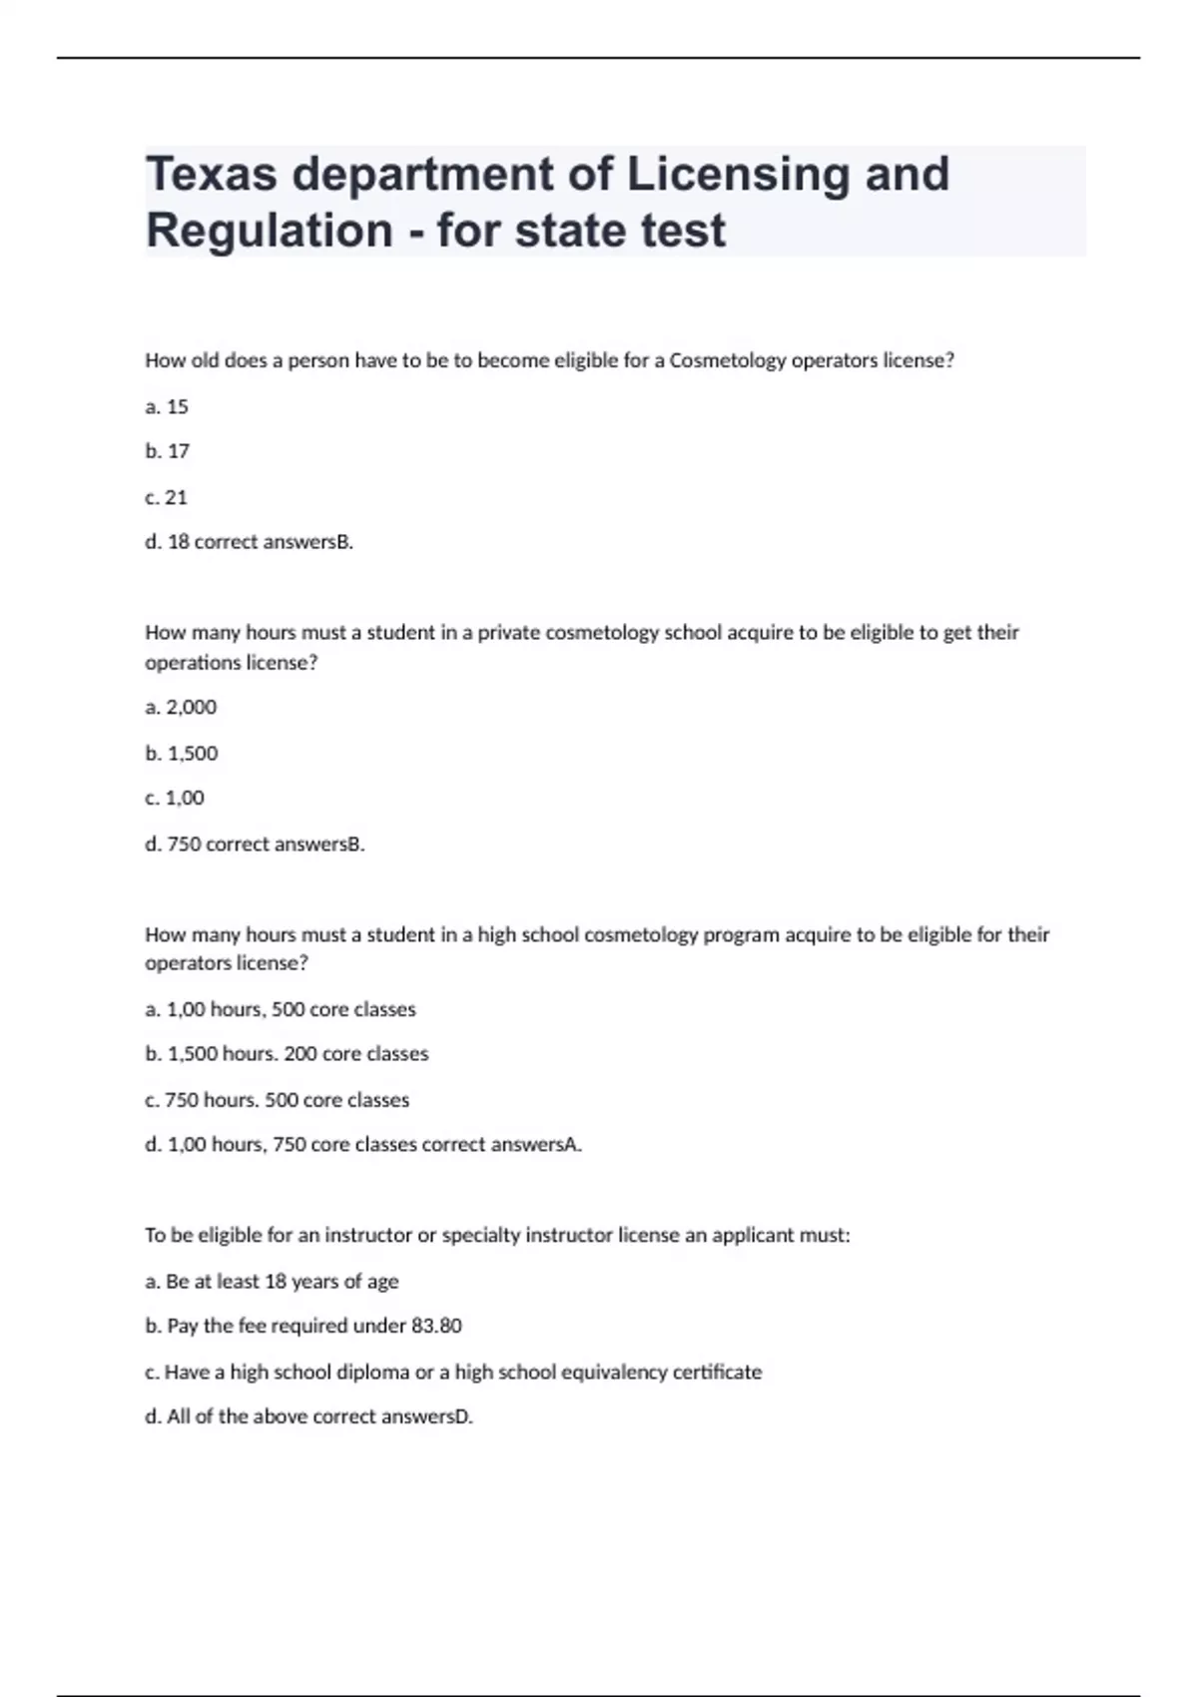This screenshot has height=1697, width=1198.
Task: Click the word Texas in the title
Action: tap(212, 175)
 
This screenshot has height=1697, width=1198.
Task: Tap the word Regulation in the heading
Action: tap(270, 231)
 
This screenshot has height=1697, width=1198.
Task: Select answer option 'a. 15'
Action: tap(167, 406)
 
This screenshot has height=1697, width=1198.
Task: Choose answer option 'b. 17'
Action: tap(167, 451)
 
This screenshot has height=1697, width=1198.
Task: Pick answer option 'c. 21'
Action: tap(167, 497)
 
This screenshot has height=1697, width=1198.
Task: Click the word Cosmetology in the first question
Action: tap(728, 360)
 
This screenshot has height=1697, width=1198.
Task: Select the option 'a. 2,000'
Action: tap(181, 707)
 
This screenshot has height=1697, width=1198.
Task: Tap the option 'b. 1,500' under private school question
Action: tap(182, 753)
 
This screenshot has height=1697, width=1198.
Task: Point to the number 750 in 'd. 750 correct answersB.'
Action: tap(184, 844)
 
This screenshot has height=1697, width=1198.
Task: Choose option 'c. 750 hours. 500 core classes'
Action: tap(278, 1100)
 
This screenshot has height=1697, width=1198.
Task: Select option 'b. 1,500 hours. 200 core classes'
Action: tap(287, 1054)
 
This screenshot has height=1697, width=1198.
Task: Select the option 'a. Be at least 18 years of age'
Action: tap(272, 1281)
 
